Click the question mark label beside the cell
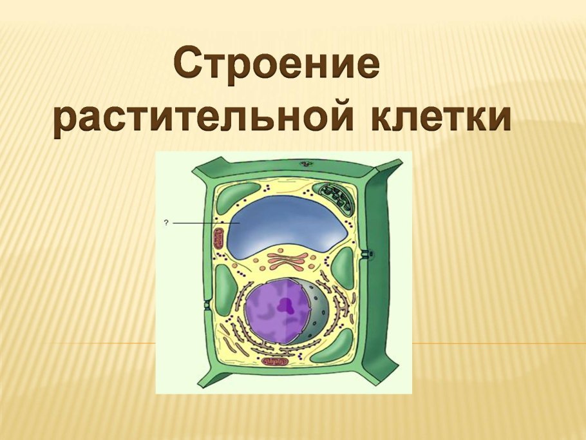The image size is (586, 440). click(x=166, y=223)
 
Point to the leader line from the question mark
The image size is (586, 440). click(x=206, y=223)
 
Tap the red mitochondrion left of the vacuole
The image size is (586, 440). click(x=218, y=239)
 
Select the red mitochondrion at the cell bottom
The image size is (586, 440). click(x=275, y=362)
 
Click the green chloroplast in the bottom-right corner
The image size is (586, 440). click(x=332, y=347)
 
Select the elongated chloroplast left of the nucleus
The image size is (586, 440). click(x=226, y=289)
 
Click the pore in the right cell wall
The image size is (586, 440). click(x=366, y=254)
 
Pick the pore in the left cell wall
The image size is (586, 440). click(x=206, y=305)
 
